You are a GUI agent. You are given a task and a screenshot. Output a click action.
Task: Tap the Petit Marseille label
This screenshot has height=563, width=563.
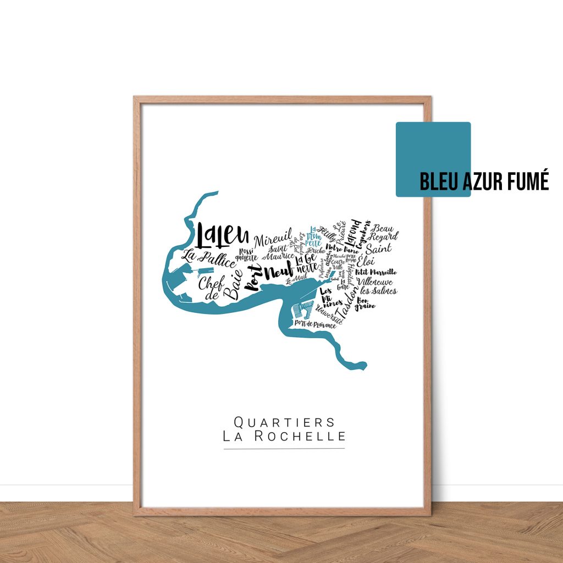tap(376, 272)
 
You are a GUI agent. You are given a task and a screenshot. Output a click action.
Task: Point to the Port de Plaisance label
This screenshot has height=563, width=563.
tap(315, 325)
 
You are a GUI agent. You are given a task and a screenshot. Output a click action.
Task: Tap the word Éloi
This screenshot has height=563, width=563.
tap(366, 262)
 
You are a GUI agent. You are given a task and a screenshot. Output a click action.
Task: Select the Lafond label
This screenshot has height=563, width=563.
tap(352, 231)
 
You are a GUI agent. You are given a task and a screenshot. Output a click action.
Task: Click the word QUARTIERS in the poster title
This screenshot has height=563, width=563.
tap(284, 422)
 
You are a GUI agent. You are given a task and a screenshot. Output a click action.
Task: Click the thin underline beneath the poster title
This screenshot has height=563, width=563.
tap(284, 449)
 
